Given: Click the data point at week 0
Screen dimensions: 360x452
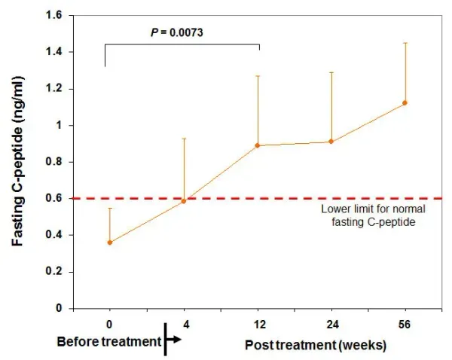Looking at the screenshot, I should tap(110, 243).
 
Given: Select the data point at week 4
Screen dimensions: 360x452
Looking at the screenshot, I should tap(184, 200).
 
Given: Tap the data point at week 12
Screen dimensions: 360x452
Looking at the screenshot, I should tap(258, 145).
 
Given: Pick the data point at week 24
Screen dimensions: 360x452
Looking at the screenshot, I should tap(331, 142).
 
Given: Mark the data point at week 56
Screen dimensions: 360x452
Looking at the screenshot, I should tap(405, 102).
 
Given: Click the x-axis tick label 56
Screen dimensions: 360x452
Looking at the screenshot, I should tap(405, 325).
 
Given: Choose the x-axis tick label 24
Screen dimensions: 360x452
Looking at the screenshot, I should tap(331, 325).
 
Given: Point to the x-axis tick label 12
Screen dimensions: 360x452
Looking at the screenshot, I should tap(258, 325).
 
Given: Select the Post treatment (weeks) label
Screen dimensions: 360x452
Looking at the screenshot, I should tap(316, 345).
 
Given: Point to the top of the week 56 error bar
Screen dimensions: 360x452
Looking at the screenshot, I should tap(405, 43).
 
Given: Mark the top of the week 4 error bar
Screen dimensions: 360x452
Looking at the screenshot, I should tap(184, 139).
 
